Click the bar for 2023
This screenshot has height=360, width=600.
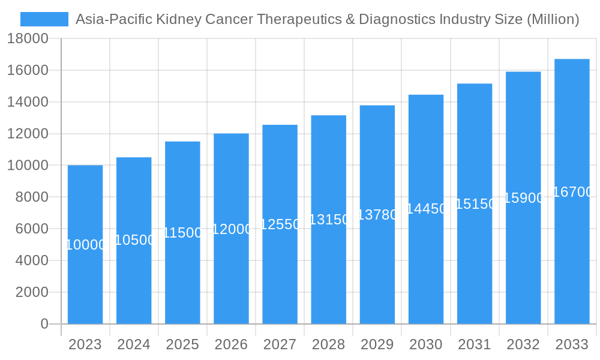coord(85,282)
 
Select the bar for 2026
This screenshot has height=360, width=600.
coord(231,276)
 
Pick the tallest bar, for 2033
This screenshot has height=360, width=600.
coord(572,252)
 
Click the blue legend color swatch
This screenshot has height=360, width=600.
coord(44,19)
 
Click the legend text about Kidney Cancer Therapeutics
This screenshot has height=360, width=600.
coord(327,19)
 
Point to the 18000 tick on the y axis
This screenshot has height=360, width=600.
coord(28,38)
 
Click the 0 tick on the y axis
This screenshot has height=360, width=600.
coord(44,324)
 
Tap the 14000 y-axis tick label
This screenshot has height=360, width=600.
coord(28,102)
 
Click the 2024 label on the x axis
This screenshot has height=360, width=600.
coord(134,344)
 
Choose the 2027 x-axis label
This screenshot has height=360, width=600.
coord(280,344)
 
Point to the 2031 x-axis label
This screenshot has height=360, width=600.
coord(475,344)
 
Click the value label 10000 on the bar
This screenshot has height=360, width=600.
coord(85,245)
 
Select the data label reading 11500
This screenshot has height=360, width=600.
coord(182,233)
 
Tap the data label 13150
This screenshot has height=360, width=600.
coord(329,220)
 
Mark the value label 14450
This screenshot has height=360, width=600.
coord(426,209)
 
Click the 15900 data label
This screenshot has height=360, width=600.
coord(523,198)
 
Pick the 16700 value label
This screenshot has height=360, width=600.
coord(572,192)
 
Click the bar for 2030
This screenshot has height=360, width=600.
coord(426,270)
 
